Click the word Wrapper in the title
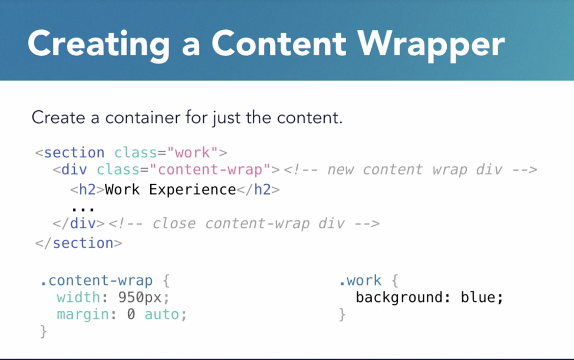431,44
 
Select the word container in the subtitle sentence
143,118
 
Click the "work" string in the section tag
192,153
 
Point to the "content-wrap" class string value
210,170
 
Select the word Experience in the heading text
192,189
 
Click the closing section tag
79,243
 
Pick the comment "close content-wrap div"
244,224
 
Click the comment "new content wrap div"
410,170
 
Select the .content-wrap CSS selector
97,281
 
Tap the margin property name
83,314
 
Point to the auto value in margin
162,314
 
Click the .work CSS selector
360,281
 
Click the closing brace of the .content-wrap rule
44,331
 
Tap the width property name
78,297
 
